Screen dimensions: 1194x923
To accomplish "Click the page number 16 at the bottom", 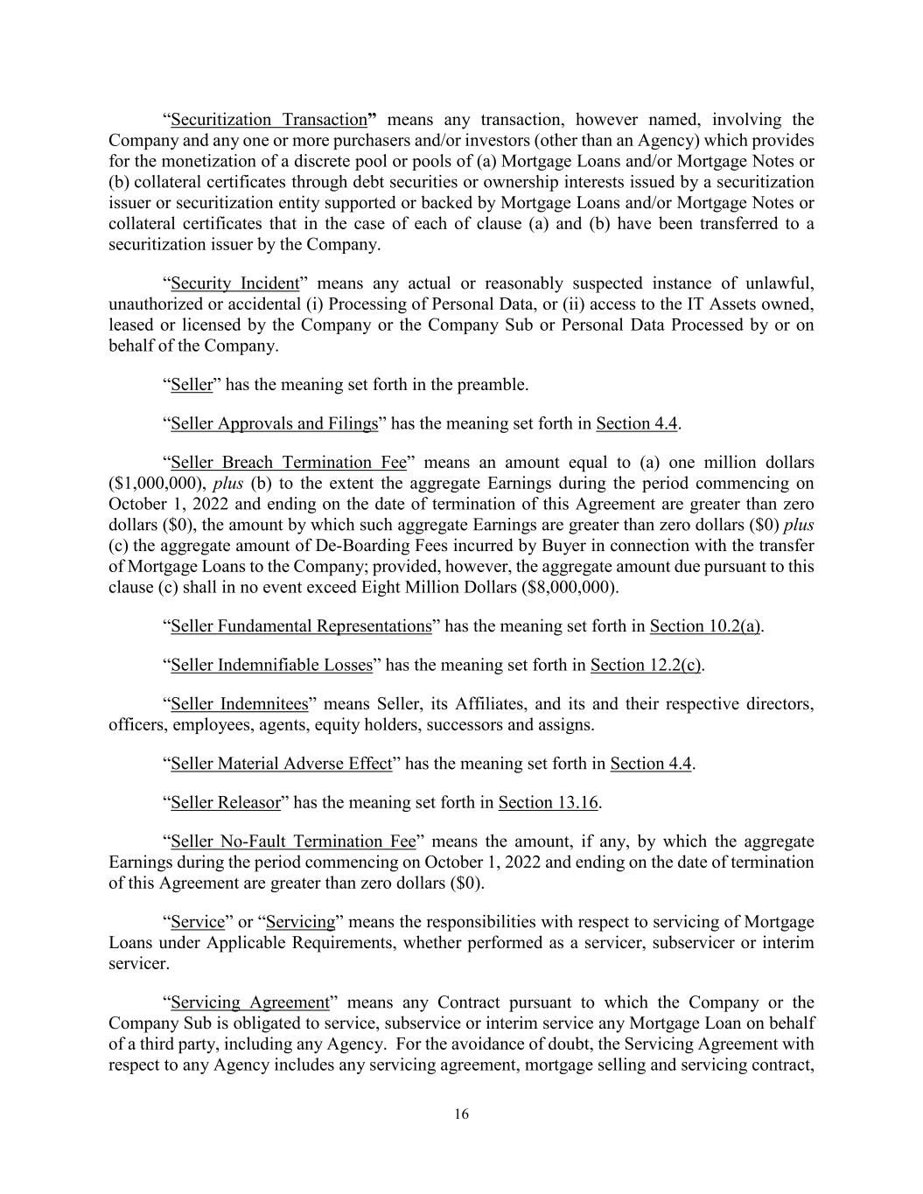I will (x=461, y=1114).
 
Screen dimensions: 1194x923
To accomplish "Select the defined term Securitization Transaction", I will (x=269, y=120).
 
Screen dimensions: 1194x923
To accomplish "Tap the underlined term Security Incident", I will (x=234, y=283).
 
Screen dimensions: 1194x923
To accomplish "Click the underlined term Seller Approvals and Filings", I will (x=274, y=423).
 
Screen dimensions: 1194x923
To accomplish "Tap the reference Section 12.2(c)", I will (x=646, y=665).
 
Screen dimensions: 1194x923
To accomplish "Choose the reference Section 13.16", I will (x=549, y=802).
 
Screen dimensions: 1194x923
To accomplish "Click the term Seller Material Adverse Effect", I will (x=281, y=764).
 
